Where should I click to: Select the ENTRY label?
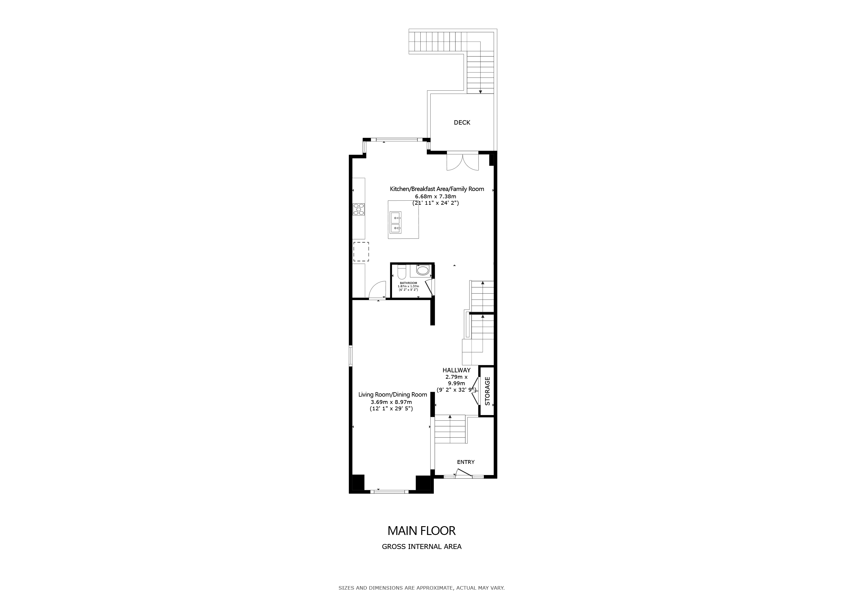[x=466, y=462]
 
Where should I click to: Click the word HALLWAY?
[x=457, y=370]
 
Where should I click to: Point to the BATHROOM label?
[x=408, y=283]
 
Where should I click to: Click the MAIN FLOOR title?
[x=422, y=531]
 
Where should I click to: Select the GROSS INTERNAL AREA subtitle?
[x=422, y=547]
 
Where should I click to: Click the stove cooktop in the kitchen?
[x=100, y=209]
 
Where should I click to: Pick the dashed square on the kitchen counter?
[x=361, y=252]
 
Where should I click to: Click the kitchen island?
[x=403, y=219]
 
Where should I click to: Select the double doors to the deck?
[x=462, y=161]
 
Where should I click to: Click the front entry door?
[x=464, y=474]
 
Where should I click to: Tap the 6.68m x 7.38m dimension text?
[x=436, y=197]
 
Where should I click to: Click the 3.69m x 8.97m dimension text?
[x=391, y=402]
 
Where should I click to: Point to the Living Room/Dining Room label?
[x=393, y=395]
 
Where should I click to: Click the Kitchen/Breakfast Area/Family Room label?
[x=437, y=189]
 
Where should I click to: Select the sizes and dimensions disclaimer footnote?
[x=422, y=588]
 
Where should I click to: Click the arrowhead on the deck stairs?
[x=481, y=92]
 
